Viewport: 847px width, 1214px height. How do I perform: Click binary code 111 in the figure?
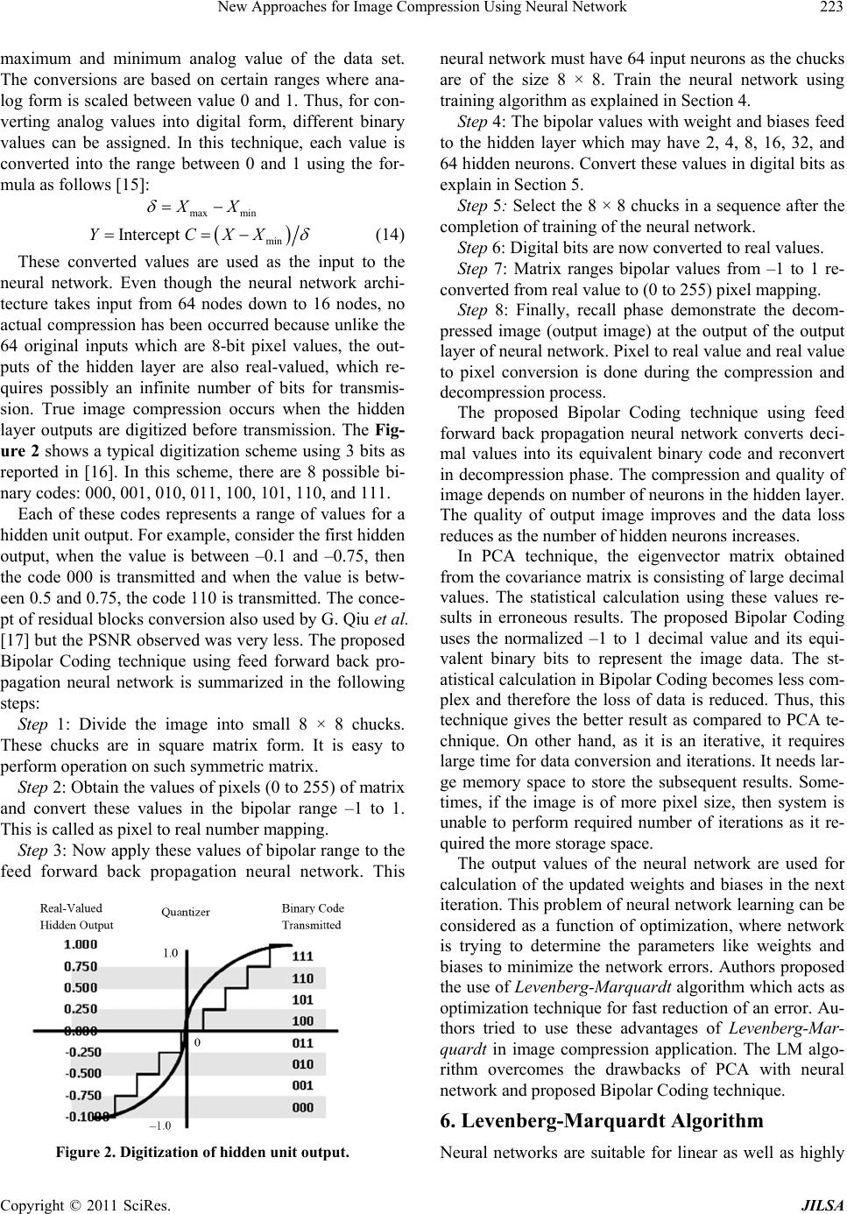pos(302,956)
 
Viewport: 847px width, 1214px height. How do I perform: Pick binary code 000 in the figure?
pos(302,1107)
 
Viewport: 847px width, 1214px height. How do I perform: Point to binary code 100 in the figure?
pos(302,1021)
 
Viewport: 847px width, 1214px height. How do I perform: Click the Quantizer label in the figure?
pos(187,913)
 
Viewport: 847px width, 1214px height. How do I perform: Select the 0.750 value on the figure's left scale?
pos(81,966)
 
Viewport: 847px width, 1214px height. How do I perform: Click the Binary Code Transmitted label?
pos(313,915)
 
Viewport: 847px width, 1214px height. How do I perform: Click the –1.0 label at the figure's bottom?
pos(160,1126)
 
